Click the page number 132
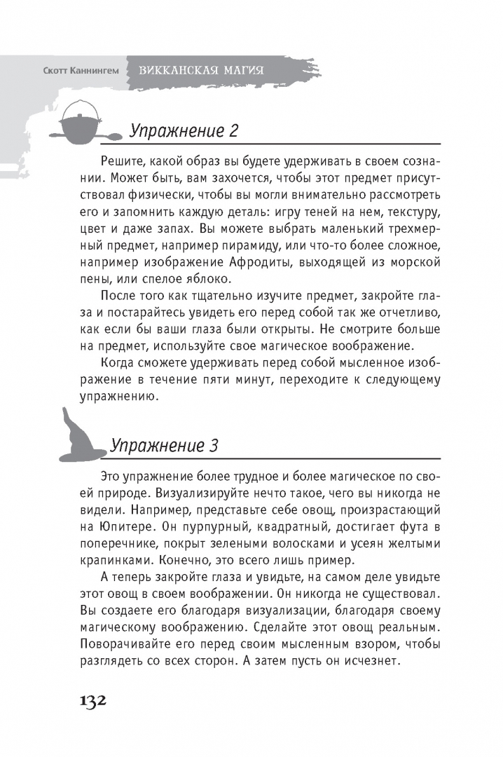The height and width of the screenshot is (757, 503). (83, 701)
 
